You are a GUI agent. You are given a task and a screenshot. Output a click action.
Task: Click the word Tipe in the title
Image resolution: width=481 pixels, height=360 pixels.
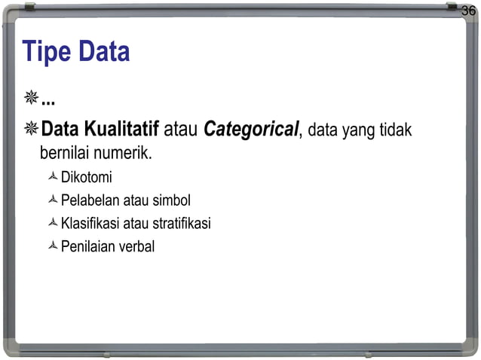point(46,52)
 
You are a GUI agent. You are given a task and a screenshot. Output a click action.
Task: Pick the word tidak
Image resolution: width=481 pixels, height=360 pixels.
point(396,131)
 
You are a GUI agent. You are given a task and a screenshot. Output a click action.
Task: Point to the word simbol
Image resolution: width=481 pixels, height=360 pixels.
point(172,201)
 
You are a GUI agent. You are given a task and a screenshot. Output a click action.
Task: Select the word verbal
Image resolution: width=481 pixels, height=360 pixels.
point(136,246)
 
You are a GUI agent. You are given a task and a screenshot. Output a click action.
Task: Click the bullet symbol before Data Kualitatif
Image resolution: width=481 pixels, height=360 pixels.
point(31,130)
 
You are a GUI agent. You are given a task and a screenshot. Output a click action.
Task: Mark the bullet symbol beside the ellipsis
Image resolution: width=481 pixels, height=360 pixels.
point(31,99)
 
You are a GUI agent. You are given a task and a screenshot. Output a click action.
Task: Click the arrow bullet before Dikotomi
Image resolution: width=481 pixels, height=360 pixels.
point(52,178)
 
